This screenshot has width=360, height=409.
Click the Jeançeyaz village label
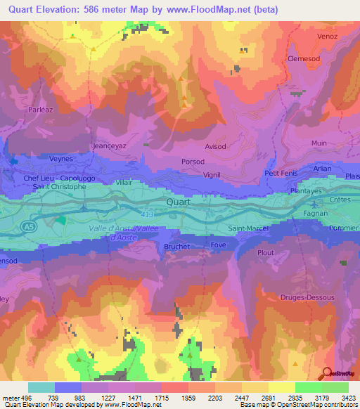(x=109, y=146)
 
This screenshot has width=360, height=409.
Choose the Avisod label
(x=214, y=147)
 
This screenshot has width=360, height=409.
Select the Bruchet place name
(x=178, y=247)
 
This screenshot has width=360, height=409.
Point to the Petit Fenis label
(x=281, y=173)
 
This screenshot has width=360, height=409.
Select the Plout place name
(x=265, y=252)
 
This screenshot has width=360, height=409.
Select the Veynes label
(x=61, y=159)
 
